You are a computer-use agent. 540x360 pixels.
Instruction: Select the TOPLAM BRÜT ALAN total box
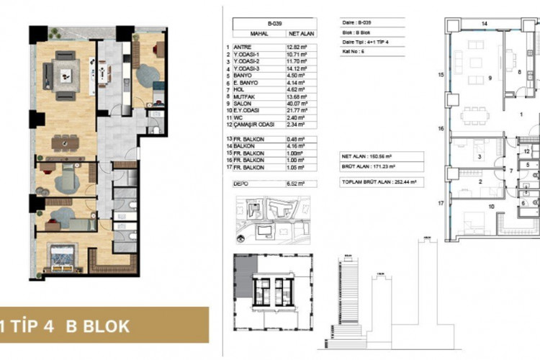(x=382, y=183)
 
